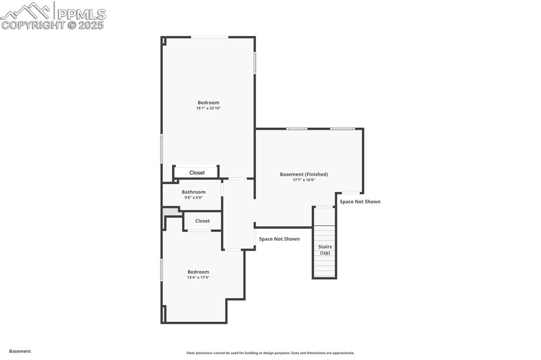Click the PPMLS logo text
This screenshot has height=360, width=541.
80,14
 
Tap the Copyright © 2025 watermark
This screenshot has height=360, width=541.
53,25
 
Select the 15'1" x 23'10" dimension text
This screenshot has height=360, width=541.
208,108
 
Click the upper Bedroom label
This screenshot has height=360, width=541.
208,102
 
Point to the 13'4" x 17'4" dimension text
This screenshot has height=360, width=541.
198,277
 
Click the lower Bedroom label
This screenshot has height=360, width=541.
198,272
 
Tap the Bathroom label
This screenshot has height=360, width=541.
193,192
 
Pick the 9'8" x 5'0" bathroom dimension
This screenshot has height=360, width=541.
193,197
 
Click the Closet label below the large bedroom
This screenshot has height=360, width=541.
197,173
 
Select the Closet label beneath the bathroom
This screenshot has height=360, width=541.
202,221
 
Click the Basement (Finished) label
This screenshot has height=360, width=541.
304,174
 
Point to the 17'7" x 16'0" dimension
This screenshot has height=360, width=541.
304,180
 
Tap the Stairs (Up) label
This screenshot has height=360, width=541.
325,250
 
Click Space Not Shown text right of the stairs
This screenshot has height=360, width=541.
360,202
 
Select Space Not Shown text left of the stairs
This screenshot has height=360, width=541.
279,239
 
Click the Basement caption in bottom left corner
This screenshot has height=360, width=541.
20,351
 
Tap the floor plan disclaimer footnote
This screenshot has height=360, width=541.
270,353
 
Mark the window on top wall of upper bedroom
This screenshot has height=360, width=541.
210,37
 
